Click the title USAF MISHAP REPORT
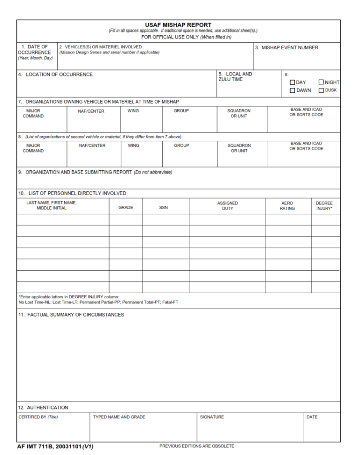(178, 25)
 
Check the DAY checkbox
(292, 83)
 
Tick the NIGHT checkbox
(321, 83)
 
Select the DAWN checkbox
(292, 91)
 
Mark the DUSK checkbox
(321, 91)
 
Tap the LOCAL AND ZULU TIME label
(235, 77)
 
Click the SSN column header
(163, 208)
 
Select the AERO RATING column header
(287, 206)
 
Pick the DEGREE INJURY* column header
(324, 206)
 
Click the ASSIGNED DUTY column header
(227, 206)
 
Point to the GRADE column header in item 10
(126, 208)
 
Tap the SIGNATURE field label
(212, 417)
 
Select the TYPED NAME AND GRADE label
(119, 417)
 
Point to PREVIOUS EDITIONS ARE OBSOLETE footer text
(197, 446)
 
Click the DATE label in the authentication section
(312, 417)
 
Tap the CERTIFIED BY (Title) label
(38, 417)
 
